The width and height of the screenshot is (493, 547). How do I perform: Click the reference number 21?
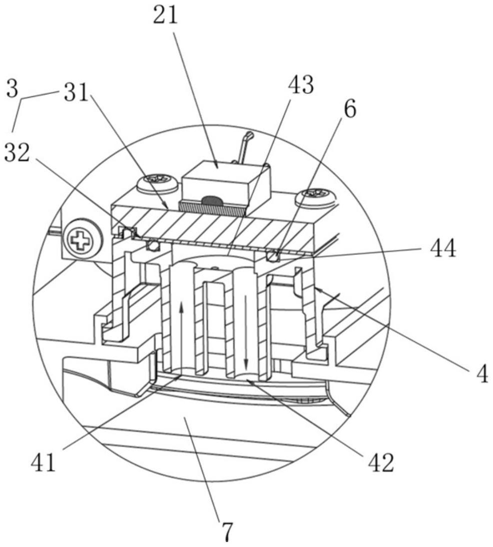coord(165,16)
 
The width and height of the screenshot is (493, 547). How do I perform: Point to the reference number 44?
coord(441,249)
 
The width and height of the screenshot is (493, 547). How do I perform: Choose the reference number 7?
coord(228,532)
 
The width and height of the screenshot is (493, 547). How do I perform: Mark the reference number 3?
coord(12,90)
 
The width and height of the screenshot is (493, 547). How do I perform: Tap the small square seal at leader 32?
coord(127,231)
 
